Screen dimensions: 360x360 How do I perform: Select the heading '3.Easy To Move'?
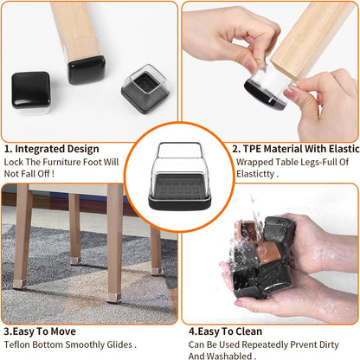(x=40, y=331)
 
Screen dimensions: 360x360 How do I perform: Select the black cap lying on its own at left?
(x=31, y=90)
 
